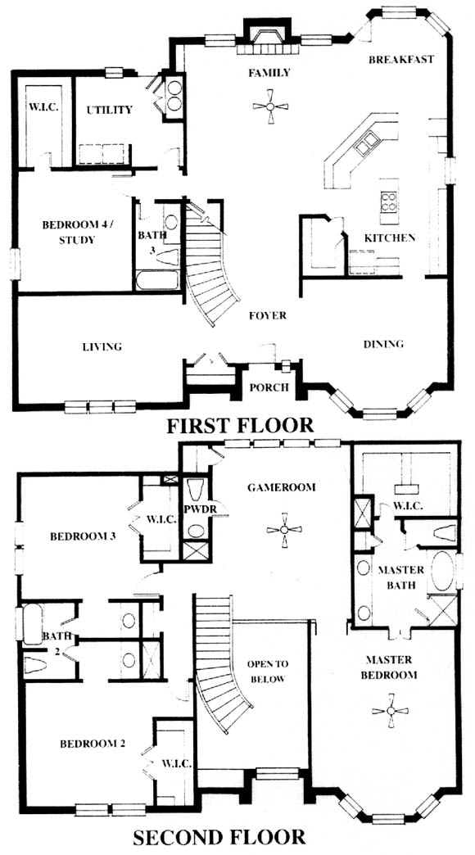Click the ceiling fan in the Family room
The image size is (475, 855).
[270, 106]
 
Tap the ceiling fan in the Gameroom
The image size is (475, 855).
[284, 530]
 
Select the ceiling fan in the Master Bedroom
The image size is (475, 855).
[391, 711]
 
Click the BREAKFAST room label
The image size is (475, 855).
[401, 60]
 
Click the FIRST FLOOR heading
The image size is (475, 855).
[240, 425]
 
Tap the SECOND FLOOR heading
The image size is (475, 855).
[219, 836]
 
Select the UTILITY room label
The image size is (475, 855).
[109, 110]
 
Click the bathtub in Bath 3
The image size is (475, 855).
[157, 280]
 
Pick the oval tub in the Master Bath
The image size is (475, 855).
[442, 570]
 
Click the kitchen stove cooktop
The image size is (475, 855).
[389, 201]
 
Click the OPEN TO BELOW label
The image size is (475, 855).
[267, 672]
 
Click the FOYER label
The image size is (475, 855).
[267, 315]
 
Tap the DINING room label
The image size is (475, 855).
[383, 343]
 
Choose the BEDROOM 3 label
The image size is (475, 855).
[83, 536]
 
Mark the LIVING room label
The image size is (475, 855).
[102, 346]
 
